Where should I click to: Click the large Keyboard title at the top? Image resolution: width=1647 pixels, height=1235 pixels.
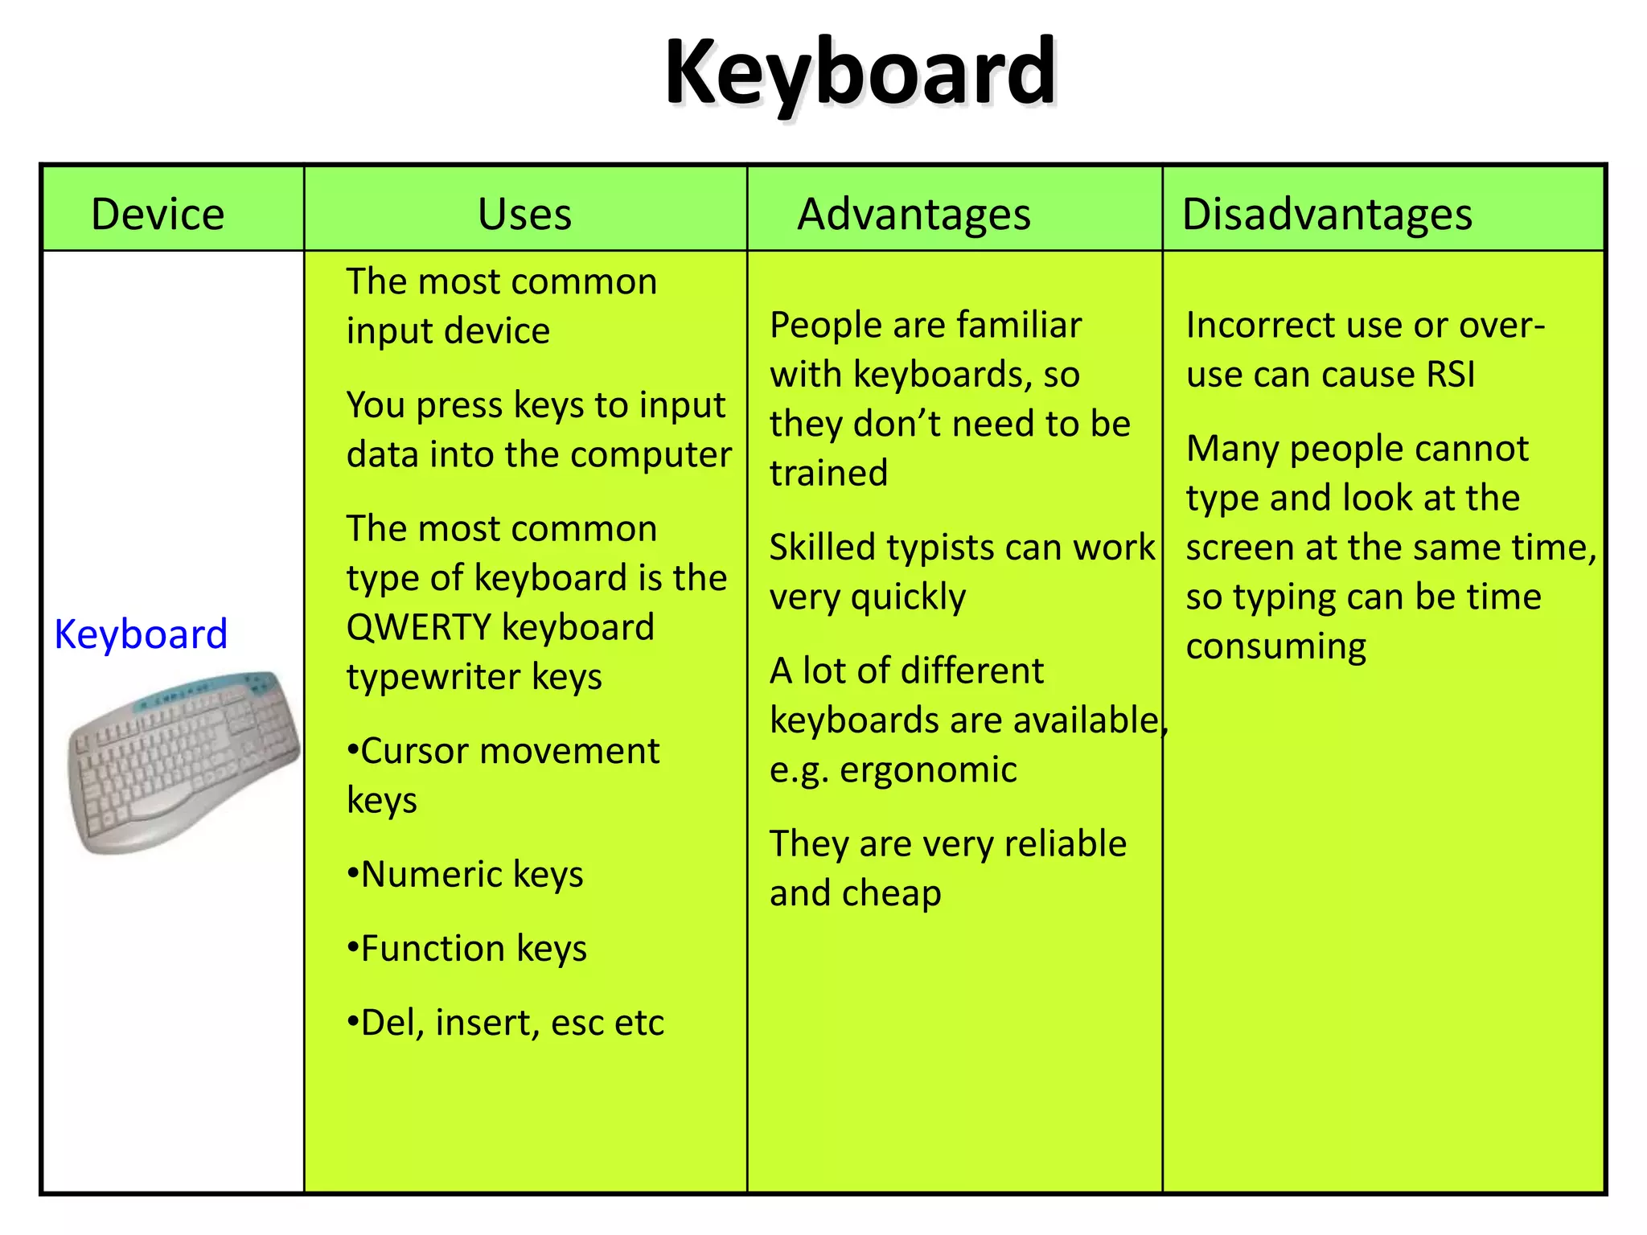coord(860,73)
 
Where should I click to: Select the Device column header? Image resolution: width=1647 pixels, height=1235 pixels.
coord(158,215)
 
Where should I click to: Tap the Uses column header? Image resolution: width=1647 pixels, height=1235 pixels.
coord(524,215)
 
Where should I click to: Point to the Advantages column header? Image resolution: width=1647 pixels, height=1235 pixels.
coord(914,215)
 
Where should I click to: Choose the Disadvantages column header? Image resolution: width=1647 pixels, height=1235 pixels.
coord(1327,215)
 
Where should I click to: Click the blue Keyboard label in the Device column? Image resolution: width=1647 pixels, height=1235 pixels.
coord(141,634)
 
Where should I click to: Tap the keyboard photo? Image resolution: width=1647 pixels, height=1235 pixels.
coord(183,761)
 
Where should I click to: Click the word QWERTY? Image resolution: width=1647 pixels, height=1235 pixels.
coord(418,627)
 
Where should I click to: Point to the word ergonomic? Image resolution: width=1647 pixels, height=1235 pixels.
coord(928,770)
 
